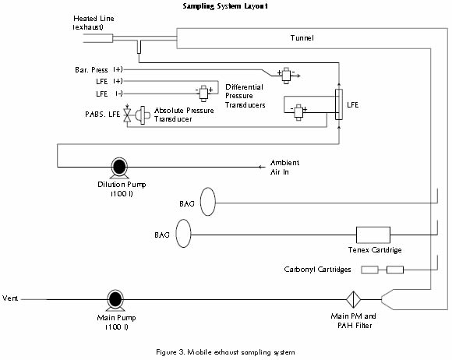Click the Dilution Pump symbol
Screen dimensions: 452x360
pos(119,168)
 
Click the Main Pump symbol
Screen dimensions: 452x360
pos(115,300)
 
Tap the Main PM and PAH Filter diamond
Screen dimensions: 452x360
pos(353,299)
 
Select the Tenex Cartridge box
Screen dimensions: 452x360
pos(373,235)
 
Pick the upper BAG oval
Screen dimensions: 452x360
pos(207,202)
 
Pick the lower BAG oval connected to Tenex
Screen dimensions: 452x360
pos(183,234)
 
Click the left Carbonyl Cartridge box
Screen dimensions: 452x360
pos(370,270)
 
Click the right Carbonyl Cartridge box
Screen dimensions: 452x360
pos(395,270)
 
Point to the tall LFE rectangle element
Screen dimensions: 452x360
pos(339,104)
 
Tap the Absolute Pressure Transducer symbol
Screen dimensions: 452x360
pos(143,115)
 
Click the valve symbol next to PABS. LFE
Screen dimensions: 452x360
pos(127,115)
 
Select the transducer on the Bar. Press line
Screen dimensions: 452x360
pos(286,76)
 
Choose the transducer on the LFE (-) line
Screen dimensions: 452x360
pos(203,93)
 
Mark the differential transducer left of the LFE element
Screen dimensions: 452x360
pos(298,112)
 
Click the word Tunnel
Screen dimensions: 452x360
pos(302,37)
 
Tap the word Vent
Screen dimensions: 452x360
pos(10,298)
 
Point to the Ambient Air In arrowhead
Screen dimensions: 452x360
pos(260,167)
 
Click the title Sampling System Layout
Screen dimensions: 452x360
pos(225,6)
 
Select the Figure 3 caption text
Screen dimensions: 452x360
pos(225,352)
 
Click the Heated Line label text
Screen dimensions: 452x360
pos(93,23)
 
